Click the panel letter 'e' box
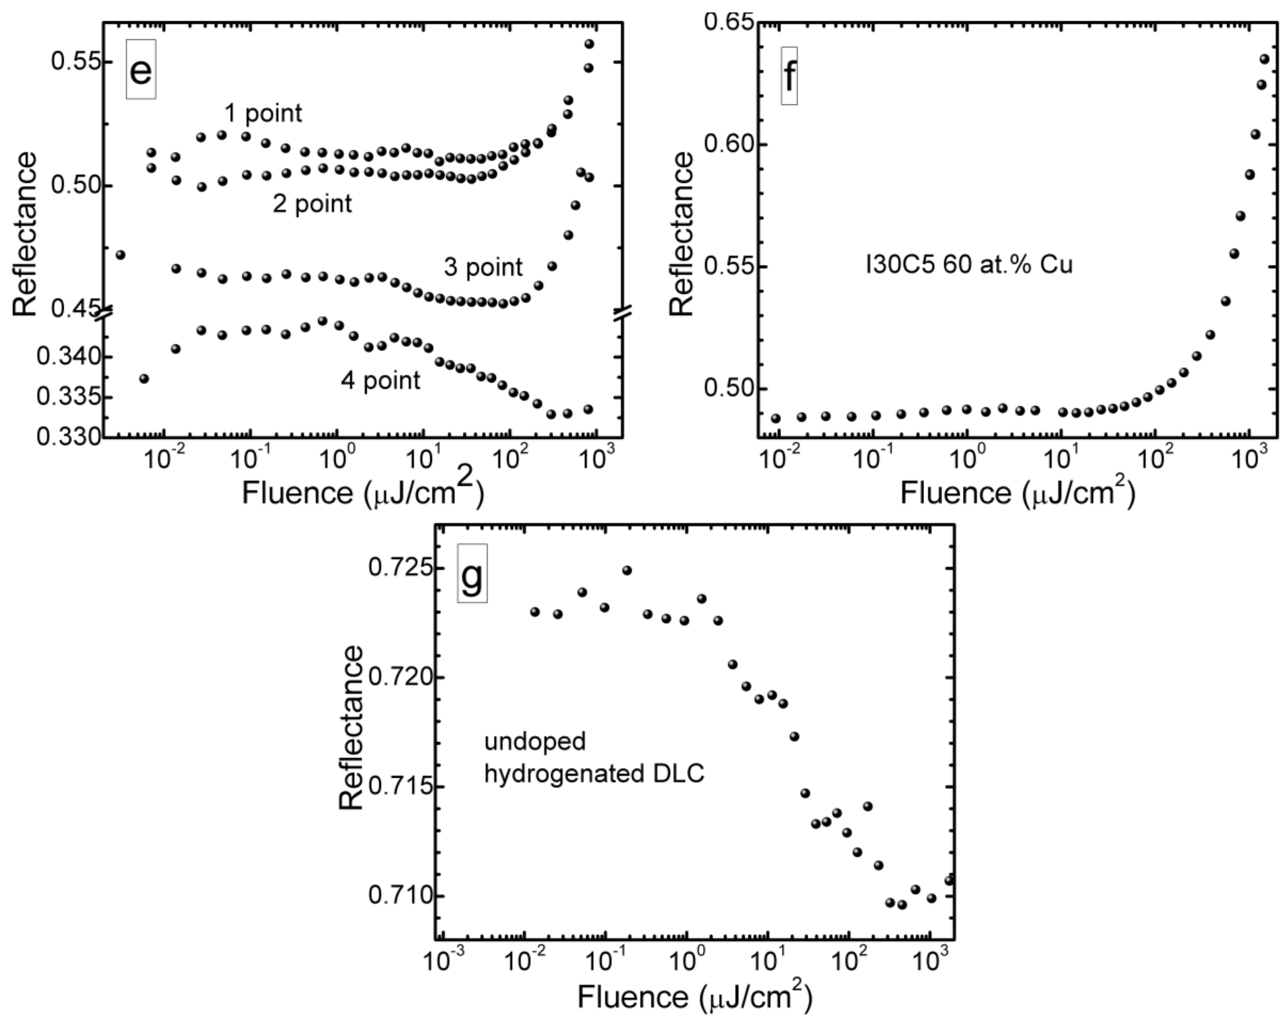(x=141, y=69)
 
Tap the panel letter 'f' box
(x=789, y=76)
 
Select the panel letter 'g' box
(x=472, y=573)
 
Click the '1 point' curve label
(x=263, y=113)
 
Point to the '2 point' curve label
(x=312, y=204)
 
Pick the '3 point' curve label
(x=483, y=267)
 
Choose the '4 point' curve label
(x=381, y=380)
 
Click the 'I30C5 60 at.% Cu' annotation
(x=969, y=264)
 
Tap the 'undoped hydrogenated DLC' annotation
(x=594, y=757)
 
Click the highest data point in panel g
(x=627, y=571)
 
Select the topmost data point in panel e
(x=589, y=44)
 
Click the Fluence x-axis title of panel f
(x=1017, y=493)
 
